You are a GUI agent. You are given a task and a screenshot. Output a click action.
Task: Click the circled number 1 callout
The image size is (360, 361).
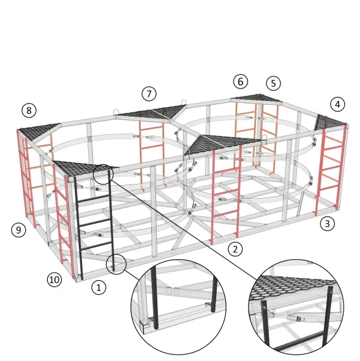[x=99, y=287]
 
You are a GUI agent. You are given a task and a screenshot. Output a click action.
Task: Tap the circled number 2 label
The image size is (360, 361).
[x=235, y=249]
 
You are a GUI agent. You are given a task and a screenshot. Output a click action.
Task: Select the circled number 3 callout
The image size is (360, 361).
[x=328, y=223]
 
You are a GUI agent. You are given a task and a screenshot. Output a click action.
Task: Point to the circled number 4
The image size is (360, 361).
[x=337, y=104]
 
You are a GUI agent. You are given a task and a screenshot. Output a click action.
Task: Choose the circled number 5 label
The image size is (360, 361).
[x=274, y=83]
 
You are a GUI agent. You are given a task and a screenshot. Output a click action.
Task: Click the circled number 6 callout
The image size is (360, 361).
[x=241, y=82]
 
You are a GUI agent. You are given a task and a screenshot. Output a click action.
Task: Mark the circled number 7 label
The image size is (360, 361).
[x=149, y=94]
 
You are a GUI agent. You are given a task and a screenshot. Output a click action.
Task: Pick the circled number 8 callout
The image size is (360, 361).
[x=29, y=110]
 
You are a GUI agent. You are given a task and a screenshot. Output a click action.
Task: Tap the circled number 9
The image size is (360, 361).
[x=18, y=230]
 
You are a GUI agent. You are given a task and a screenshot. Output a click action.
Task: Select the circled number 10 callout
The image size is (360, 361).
[x=54, y=279]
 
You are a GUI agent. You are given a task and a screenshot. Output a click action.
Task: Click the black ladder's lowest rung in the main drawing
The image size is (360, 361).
[x=96, y=246]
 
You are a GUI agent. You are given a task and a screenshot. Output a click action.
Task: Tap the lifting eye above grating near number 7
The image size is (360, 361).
[x=117, y=111]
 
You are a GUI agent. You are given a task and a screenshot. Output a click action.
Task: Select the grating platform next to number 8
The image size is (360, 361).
[x=38, y=132]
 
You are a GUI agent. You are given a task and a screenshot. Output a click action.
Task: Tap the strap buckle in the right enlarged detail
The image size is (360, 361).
[x=298, y=319]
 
